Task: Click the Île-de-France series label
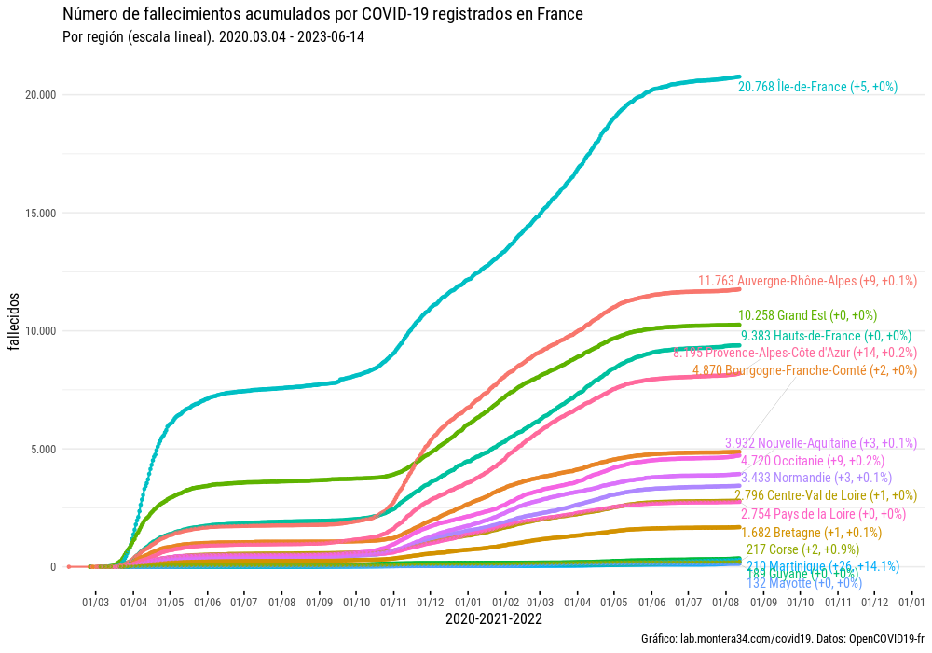[x=817, y=87]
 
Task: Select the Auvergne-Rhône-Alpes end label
[x=808, y=280]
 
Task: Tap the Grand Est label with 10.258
[x=807, y=315]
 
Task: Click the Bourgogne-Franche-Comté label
[x=805, y=370]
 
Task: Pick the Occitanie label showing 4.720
[x=813, y=460]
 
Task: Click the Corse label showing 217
[x=802, y=549]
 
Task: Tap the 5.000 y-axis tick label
[x=44, y=449]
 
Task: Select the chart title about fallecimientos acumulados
[x=322, y=15]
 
